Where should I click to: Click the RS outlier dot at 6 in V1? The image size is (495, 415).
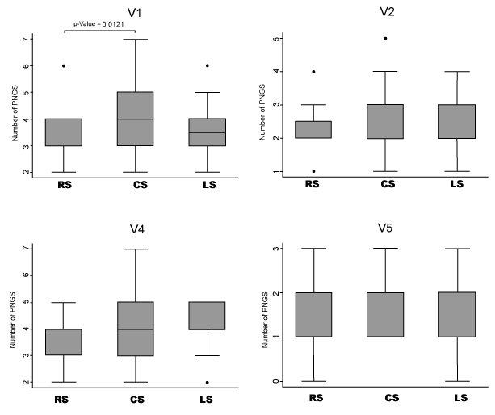pos(64,65)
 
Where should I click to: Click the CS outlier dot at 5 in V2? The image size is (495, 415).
pos(385,38)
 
